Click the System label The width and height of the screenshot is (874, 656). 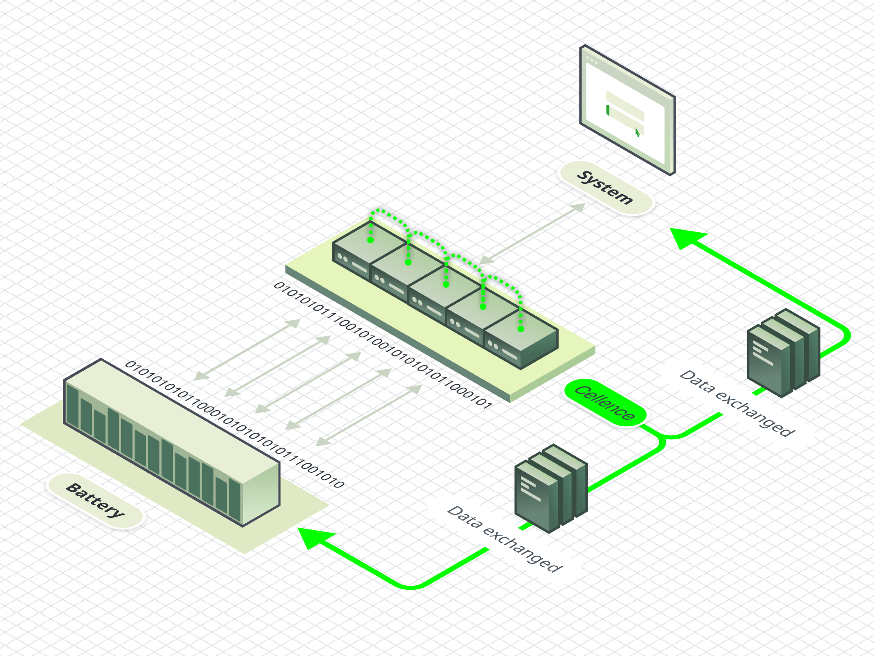point(605,188)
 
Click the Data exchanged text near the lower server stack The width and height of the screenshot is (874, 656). point(505,539)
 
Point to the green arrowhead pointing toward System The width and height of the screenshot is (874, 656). point(687,238)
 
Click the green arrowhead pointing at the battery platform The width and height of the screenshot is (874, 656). point(314,537)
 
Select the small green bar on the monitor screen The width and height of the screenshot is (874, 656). point(608,110)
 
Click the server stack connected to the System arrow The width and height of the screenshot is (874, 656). point(782,353)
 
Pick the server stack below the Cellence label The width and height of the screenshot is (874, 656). point(550,489)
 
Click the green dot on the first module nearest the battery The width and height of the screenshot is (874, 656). point(370,240)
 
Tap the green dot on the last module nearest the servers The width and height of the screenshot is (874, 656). point(521,329)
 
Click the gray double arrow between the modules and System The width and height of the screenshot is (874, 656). point(532,233)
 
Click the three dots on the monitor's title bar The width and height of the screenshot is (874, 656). point(592,61)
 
